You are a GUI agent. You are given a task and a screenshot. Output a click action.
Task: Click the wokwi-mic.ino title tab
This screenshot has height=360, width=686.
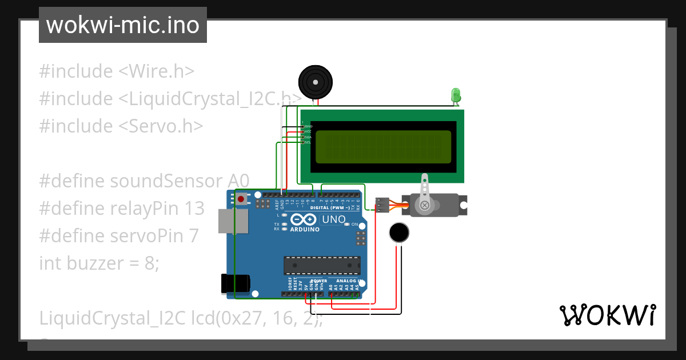[122, 25]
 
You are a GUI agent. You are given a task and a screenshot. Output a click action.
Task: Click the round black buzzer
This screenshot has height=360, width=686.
[316, 82]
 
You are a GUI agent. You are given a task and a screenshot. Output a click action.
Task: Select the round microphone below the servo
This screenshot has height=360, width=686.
[399, 233]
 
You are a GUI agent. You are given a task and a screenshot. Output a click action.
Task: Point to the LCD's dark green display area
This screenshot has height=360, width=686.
[382, 146]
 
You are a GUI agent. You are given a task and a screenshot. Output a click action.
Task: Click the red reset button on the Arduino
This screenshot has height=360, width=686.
[242, 199]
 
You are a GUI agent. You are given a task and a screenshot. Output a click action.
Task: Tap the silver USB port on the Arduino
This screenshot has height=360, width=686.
[233, 221]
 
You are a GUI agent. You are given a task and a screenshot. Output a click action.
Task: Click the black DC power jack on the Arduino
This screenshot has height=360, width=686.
[236, 284]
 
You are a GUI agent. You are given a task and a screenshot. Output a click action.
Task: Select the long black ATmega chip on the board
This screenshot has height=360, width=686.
[322, 266]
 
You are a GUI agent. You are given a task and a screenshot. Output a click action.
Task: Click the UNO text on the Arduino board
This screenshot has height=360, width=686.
[334, 219]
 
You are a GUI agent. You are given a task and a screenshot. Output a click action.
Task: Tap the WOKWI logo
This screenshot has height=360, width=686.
[607, 315]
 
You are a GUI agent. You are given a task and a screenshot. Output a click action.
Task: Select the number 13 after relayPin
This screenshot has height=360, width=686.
[194, 209]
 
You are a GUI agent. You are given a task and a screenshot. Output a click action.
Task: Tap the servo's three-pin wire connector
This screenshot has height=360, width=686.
[382, 205]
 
